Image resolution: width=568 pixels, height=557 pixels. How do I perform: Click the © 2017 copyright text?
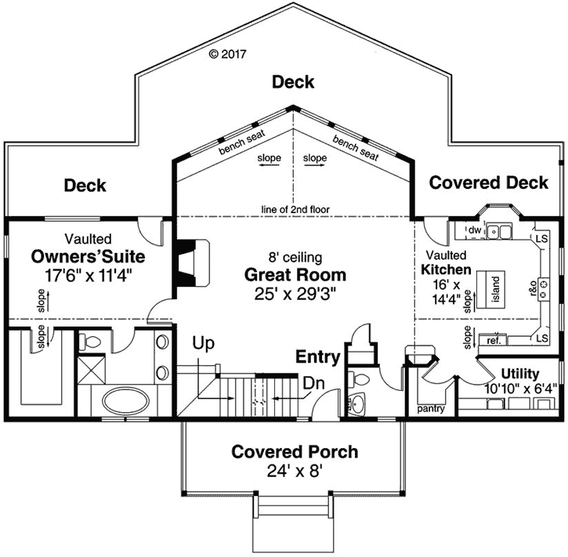228,54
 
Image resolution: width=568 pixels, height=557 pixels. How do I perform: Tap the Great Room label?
294,275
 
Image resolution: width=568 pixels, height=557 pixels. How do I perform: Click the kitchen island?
495,291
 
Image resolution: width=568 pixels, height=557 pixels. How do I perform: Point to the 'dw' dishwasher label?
474,230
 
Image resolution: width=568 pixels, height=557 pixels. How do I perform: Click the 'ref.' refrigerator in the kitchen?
494,341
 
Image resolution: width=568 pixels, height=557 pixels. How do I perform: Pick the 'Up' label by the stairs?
204,342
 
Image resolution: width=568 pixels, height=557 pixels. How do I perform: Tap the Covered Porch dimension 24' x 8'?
295,471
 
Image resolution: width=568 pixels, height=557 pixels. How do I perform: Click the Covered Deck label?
489,183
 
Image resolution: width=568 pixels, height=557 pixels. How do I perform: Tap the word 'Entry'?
317,357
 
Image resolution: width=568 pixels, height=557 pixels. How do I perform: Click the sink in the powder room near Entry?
357,404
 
